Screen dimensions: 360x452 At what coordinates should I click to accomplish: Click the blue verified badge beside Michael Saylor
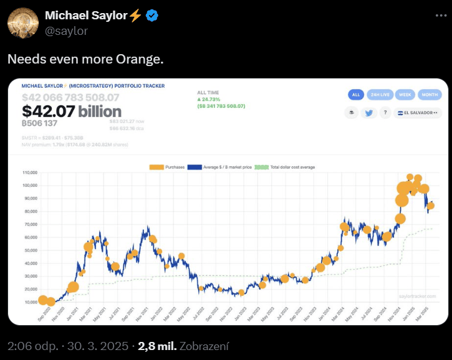tap(152, 16)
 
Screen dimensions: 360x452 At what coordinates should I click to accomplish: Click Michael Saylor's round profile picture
tap(23, 24)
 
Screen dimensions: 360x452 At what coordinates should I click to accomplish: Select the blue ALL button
tap(356, 95)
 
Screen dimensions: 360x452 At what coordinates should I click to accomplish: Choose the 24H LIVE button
tap(380, 95)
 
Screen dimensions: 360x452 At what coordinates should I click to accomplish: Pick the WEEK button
tap(405, 95)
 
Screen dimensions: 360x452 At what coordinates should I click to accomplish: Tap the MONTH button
tap(430, 95)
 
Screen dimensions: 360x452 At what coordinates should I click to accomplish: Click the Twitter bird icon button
tap(368, 113)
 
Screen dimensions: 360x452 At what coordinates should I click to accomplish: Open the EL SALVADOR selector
tap(419, 113)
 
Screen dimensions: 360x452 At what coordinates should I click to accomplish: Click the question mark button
tap(386, 113)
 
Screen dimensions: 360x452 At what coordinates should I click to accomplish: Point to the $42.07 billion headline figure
tap(72, 111)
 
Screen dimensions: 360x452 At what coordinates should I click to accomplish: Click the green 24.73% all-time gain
tap(213, 99)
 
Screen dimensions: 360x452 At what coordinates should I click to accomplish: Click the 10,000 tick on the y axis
tap(30, 302)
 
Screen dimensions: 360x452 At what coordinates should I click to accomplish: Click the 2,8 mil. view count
tap(156, 346)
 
